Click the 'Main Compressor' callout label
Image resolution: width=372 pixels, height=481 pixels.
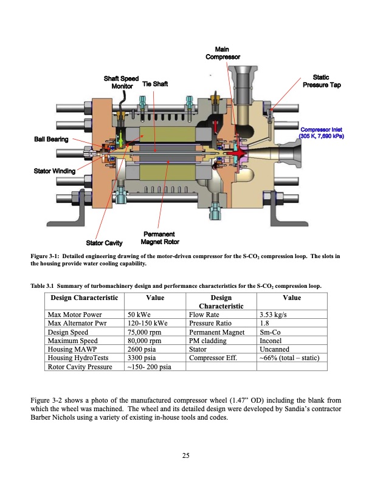[x=222, y=53]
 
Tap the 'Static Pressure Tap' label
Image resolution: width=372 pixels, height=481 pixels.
[x=321, y=81]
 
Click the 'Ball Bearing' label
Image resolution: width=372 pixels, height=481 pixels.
[x=50, y=139]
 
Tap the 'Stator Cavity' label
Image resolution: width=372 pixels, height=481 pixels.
[x=105, y=244]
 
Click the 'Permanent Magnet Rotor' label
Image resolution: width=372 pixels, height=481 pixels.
[x=160, y=238]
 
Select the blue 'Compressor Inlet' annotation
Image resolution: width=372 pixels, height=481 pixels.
[x=321, y=132]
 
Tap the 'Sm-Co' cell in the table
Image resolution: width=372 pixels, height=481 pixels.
[x=269, y=332]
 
